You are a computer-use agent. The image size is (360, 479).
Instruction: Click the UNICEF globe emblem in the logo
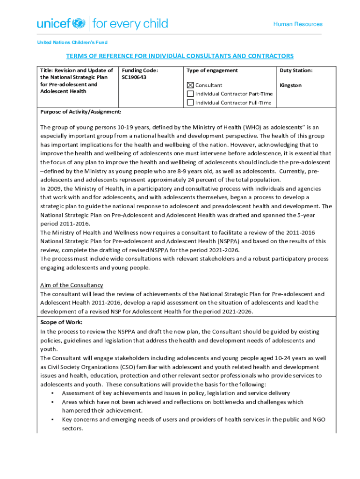click(79, 23)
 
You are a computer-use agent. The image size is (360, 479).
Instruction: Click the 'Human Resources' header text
click(298, 24)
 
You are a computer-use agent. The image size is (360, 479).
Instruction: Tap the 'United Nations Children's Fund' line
click(72, 43)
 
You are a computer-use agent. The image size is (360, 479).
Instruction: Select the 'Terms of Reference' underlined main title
click(180, 56)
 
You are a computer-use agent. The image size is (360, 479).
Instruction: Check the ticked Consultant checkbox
click(190, 86)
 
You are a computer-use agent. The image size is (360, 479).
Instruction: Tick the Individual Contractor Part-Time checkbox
click(190, 94)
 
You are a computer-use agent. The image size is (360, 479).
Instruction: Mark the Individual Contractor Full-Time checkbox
click(190, 102)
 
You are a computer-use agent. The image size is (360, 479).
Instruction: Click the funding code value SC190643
click(134, 77)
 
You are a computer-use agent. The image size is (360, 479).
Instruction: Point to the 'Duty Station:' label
click(296, 70)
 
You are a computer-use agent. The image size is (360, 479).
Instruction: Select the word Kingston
click(290, 85)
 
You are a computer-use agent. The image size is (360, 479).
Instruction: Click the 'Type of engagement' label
click(212, 70)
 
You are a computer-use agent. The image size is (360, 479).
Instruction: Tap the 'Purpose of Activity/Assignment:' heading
click(81, 112)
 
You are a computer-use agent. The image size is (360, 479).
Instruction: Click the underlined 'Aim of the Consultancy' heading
click(72, 285)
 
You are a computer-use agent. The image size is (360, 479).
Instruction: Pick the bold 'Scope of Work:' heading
click(61, 322)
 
